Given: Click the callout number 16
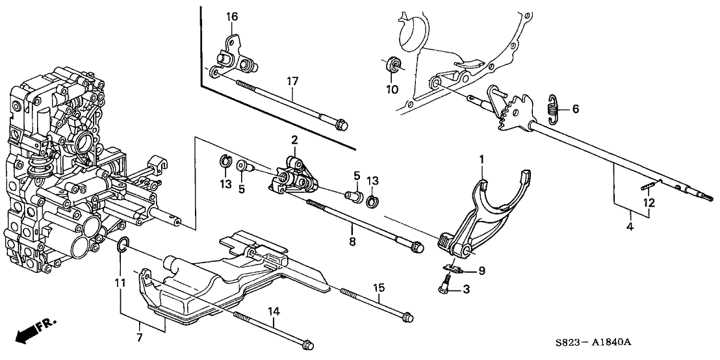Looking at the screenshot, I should pos(232,16).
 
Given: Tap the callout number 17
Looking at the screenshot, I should pos(292,81).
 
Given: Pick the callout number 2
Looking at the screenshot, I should pos(294,140).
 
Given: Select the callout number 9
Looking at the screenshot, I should pos(481,271).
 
